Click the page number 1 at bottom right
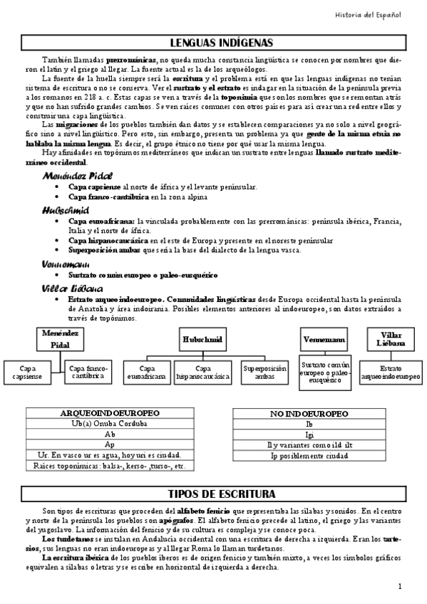pyautogui.click(x=401, y=585)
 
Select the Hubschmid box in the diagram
pyautogui.click(x=203, y=339)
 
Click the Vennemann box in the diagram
pyautogui.click(x=324, y=340)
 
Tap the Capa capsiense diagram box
pyautogui.click(x=27, y=372)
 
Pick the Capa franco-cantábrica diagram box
pyautogui.click(x=88, y=371)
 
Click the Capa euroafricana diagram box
pyautogui.click(x=149, y=372)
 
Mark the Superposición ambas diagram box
pyautogui.click(x=264, y=372)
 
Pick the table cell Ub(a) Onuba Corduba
pyautogui.click(x=109, y=423)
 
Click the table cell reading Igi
pyautogui.click(x=309, y=434)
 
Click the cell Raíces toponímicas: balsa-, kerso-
pyautogui.click(x=109, y=466)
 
